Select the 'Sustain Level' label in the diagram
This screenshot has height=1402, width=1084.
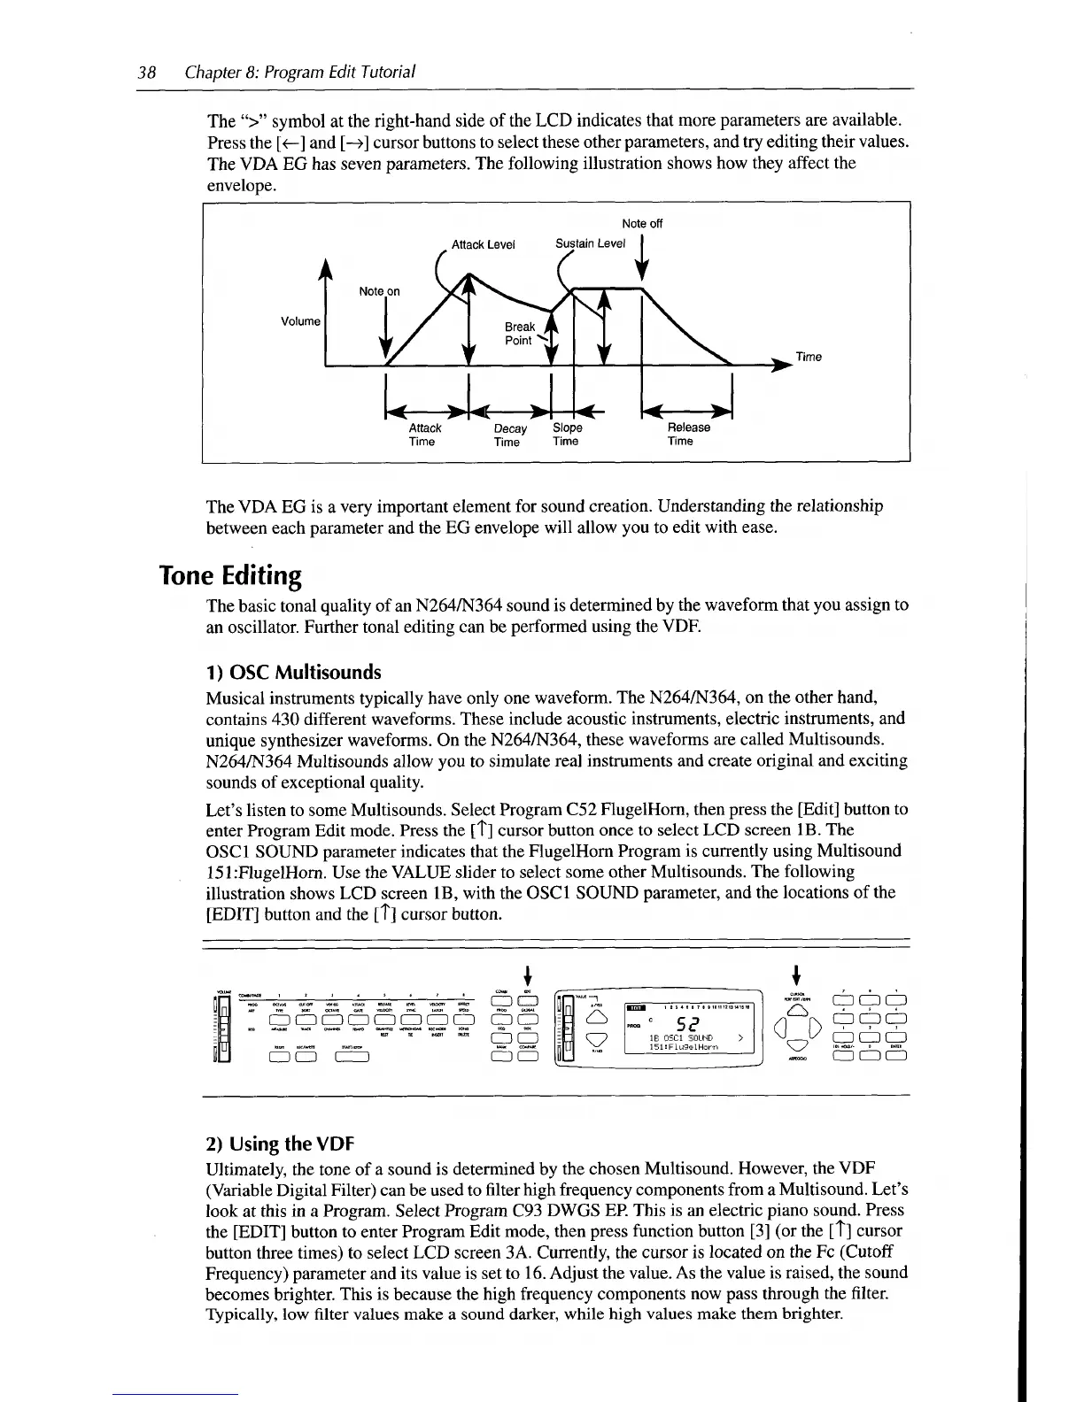coord(590,243)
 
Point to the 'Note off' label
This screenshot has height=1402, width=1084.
coord(642,224)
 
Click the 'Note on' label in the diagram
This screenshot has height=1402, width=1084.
coord(379,291)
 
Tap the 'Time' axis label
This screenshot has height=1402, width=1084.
coord(809,357)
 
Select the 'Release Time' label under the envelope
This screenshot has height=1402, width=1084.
coord(688,434)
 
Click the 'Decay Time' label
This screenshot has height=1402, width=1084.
coord(509,435)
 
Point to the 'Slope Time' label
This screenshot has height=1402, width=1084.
coord(567,434)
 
